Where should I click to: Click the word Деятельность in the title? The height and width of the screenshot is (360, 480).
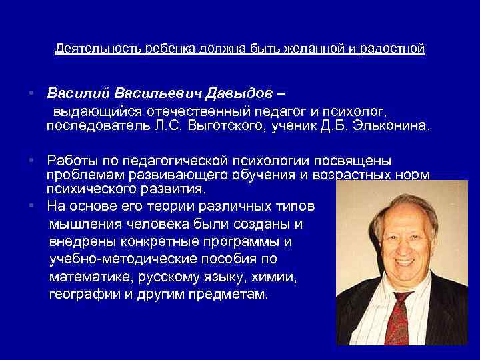(x=92, y=49)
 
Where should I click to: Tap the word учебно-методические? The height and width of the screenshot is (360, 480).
(x=125, y=259)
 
